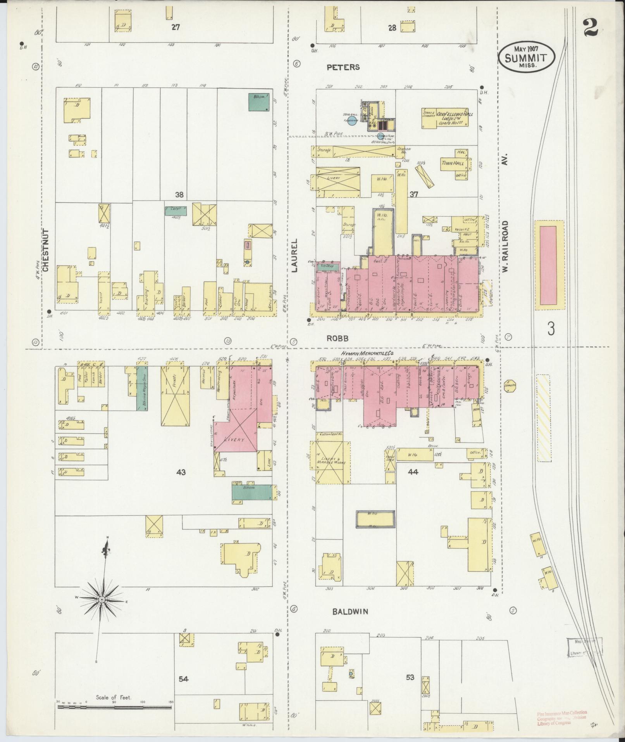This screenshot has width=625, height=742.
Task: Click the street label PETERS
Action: (x=343, y=67)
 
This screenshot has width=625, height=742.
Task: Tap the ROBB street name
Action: (x=337, y=338)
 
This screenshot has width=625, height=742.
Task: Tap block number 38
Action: (x=179, y=194)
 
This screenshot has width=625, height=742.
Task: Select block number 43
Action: (x=181, y=472)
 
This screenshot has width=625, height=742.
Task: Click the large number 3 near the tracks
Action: (x=551, y=329)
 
